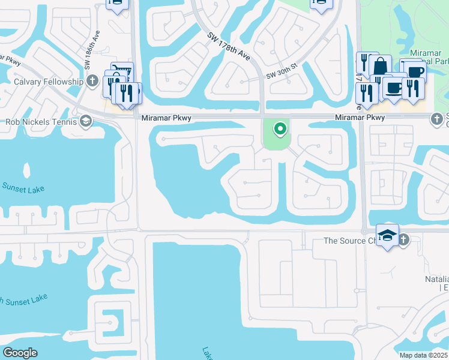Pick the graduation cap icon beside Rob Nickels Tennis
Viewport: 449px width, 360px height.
click(x=86, y=122)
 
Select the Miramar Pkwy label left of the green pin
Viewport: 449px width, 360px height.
click(x=166, y=118)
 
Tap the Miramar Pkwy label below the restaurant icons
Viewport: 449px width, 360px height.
click(x=360, y=118)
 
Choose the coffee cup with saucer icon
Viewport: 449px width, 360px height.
click(x=393, y=88)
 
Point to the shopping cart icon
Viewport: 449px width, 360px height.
click(x=121, y=71)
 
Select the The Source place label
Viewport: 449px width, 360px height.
click(x=344, y=241)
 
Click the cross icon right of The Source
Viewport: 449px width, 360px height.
click(x=403, y=240)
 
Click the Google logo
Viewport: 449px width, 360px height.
click(x=20, y=353)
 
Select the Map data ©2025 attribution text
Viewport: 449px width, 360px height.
click(x=424, y=355)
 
